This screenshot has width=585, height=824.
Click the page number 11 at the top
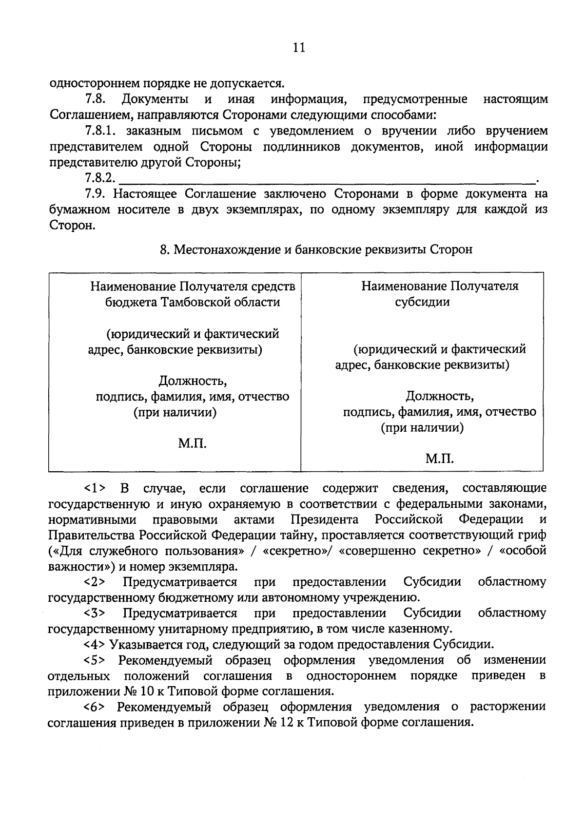tap(299, 47)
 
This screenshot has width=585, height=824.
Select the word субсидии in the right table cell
tap(422, 302)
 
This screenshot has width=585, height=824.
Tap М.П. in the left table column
tap(192, 443)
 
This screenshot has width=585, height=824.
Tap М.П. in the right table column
tap(439, 459)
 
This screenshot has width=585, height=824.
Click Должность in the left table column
tap(193, 380)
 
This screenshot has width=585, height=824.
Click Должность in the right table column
tap(440, 395)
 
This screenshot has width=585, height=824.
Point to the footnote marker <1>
tap(95, 488)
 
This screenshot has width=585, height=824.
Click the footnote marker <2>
tap(95, 582)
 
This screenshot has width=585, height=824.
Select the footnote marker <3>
tap(95, 613)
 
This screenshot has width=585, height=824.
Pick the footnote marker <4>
tap(95, 645)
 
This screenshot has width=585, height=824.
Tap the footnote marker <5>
tap(95, 661)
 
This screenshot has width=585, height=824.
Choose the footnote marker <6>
tap(95, 707)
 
